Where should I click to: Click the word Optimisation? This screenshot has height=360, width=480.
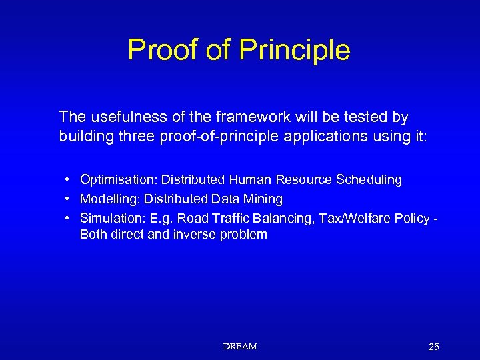[x=118, y=180]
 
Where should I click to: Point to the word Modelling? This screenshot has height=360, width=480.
[x=109, y=199]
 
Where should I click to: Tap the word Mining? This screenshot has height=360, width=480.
[x=265, y=199]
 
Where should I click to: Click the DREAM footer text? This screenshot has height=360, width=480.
[x=240, y=347]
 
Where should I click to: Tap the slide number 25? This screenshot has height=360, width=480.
[x=433, y=347]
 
